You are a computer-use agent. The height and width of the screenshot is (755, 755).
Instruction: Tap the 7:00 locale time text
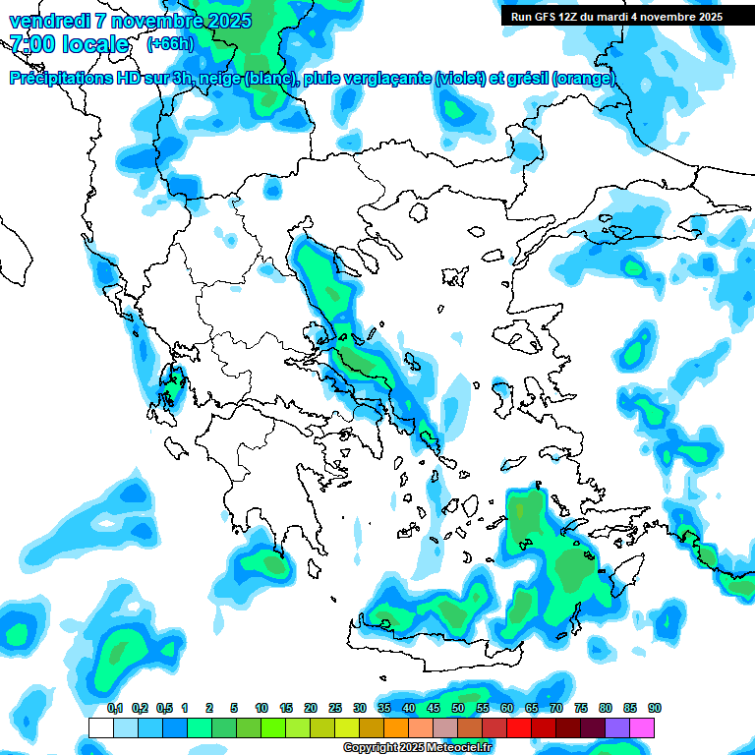pos(68,44)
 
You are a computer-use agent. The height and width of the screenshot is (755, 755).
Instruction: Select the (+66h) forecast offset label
pos(170,44)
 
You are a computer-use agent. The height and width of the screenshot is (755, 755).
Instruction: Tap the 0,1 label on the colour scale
pos(115,708)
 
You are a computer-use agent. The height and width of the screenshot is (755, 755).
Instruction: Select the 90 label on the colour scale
pos(655,708)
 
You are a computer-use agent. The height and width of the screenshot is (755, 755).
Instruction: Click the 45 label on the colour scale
pos(434,708)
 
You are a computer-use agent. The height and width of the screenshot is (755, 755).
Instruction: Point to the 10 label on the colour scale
pos(261,708)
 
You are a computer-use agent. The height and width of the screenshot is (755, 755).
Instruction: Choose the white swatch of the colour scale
pos(100,727)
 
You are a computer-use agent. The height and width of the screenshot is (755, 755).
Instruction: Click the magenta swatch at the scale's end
pos(643,727)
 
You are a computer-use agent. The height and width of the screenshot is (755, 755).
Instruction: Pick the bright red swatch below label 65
pos(519,727)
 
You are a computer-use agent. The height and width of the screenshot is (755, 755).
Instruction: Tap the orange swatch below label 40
pos(396,727)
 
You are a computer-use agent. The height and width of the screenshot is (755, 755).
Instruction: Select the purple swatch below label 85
pos(617,727)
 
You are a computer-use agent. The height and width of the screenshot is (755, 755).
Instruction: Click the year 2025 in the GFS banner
pos(706,16)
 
